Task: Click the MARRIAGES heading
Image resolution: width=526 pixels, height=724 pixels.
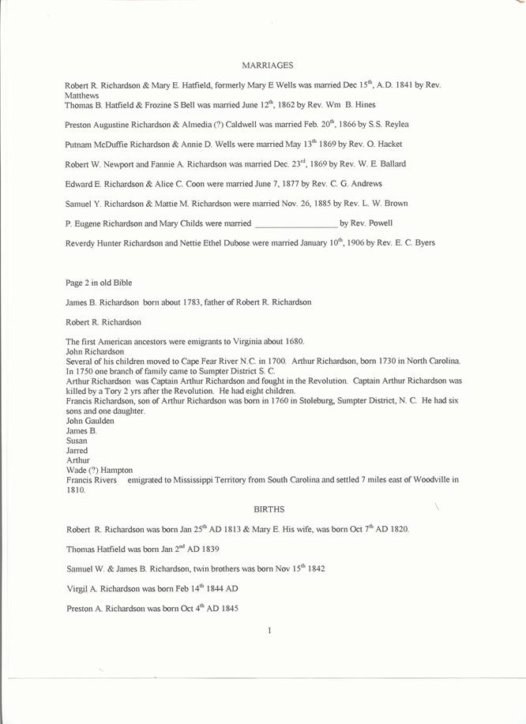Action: pos(267,65)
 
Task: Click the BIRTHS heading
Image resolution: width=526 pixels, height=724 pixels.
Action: pos(269,509)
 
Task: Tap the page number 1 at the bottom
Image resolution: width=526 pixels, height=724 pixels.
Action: pos(269,629)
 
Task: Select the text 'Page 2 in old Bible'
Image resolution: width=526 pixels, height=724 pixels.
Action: pos(99,282)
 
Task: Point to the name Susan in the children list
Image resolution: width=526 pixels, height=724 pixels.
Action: pos(76,441)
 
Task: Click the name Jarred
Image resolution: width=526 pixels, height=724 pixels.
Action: pos(76,450)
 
